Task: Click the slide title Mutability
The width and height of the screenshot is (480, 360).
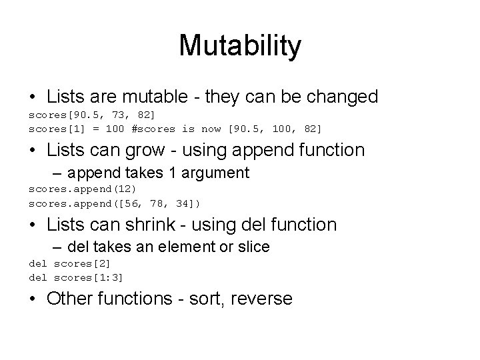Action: (x=240, y=46)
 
